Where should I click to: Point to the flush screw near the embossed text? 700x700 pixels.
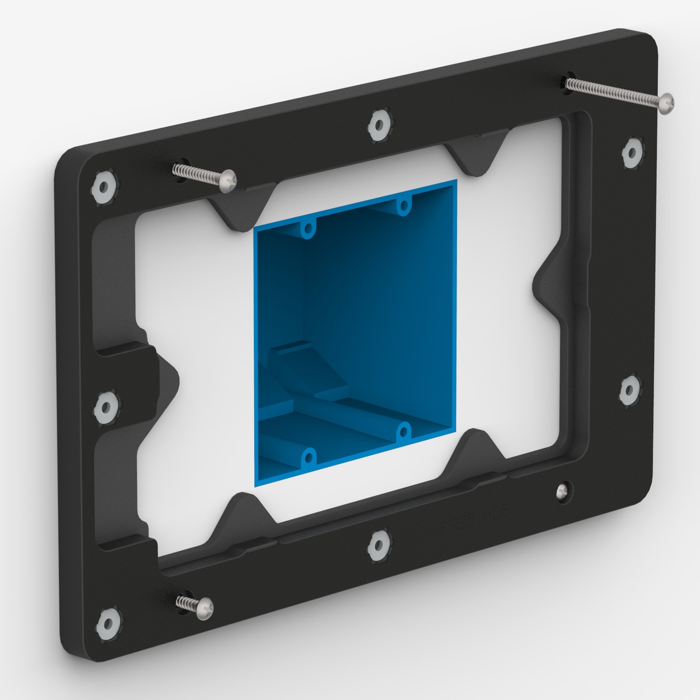point(562,491)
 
